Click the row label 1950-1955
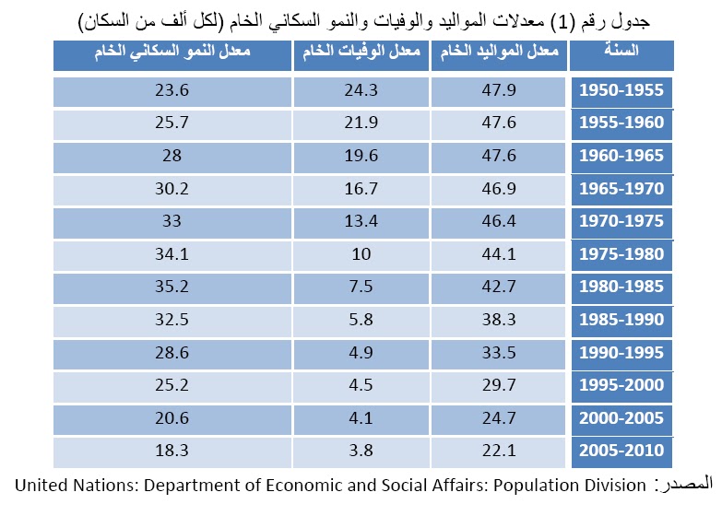click(621, 91)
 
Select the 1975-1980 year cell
click(621, 254)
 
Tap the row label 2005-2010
click(621, 451)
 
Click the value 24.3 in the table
click(361, 91)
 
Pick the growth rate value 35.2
click(172, 287)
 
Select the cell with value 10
click(361, 254)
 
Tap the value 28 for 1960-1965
click(172, 157)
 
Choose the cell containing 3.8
click(361, 451)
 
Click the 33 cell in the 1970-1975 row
click(172, 222)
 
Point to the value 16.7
click(361, 189)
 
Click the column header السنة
click(622, 53)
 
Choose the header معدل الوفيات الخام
click(361, 53)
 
